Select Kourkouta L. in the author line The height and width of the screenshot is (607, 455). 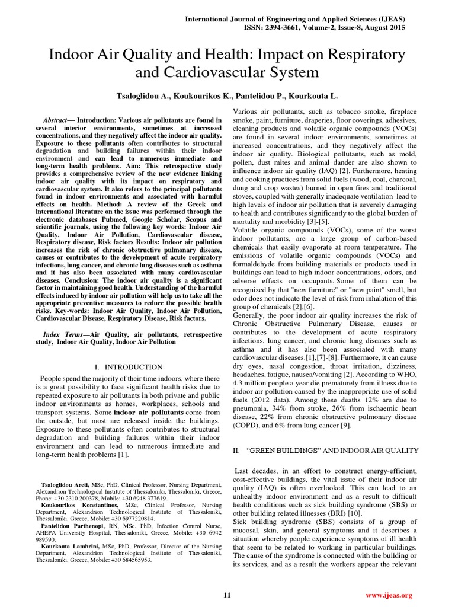(316, 95)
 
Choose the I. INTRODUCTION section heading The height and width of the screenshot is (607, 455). (129, 368)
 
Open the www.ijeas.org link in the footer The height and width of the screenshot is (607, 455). (389, 595)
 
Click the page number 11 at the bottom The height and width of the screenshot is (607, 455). (227, 595)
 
